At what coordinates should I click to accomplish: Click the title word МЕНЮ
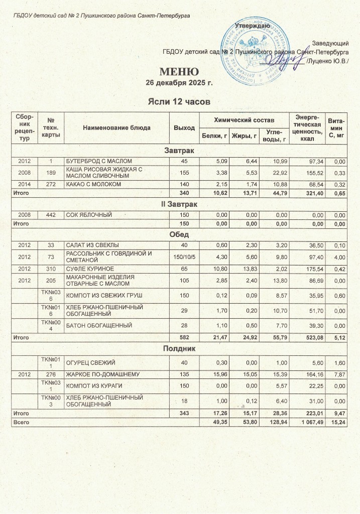tap(179, 71)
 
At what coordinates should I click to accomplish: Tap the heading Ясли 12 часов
tap(179, 102)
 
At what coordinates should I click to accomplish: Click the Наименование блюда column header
tap(117, 127)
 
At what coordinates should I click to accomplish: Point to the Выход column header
tap(184, 127)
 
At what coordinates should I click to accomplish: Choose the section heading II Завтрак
tap(180, 204)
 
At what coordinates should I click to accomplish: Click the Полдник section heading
tap(180, 348)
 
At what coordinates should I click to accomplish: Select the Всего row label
tap(22, 423)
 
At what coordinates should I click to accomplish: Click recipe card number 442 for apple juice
tap(50, 215)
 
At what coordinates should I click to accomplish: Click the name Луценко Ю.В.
tap(327, 61)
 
